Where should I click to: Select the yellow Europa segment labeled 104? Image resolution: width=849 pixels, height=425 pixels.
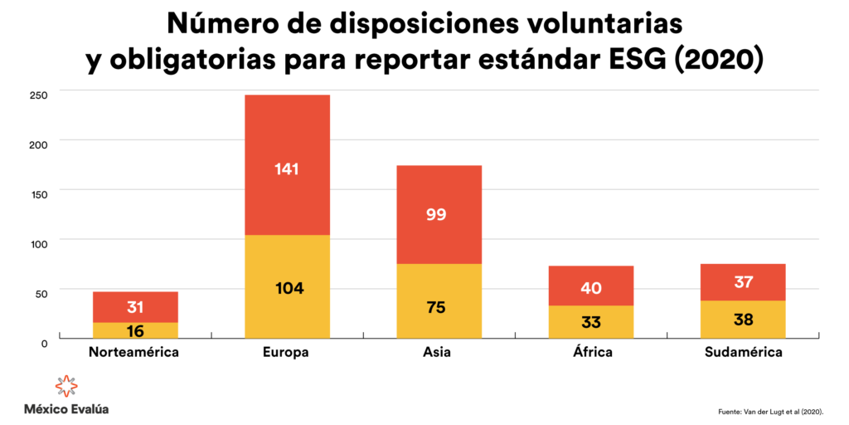click(x=287, y=287)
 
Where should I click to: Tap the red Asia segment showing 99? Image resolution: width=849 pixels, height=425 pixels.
click(x=439, y=214)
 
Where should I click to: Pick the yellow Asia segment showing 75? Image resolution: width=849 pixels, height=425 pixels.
click(x=439, y=302)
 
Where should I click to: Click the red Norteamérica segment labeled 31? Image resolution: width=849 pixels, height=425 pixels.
click(x=135, y=306)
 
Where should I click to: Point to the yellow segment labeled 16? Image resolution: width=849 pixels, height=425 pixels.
click(x=135, y=330)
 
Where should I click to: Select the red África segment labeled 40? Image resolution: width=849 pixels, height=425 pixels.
click(x=591, y=286)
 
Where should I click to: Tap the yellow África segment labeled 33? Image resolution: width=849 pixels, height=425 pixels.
click(x=591, y=322)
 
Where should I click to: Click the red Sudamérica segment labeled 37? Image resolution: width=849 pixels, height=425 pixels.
click(x=743, y=282)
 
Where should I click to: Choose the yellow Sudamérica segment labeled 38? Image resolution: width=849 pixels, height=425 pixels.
click(x=743, y=320)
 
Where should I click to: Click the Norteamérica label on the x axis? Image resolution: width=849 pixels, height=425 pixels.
click(x=134, y=352)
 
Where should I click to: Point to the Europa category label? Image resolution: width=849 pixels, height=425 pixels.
click(x=287, y=352)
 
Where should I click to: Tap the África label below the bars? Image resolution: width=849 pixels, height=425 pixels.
click(x=591, y=352)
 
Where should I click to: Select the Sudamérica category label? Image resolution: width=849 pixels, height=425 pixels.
click(x=743, y=352)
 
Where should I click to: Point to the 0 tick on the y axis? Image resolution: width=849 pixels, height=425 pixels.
click(x=44, y=341)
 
